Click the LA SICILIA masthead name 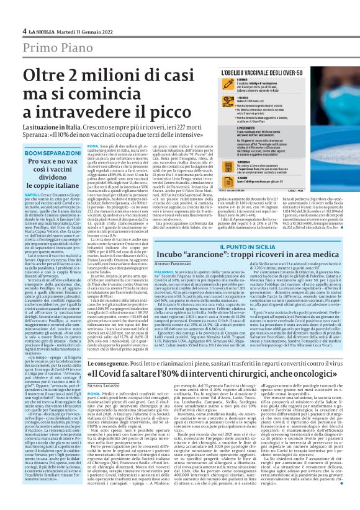[42, 30]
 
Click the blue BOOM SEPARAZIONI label [50, 152]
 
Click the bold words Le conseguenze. [114, 364]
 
